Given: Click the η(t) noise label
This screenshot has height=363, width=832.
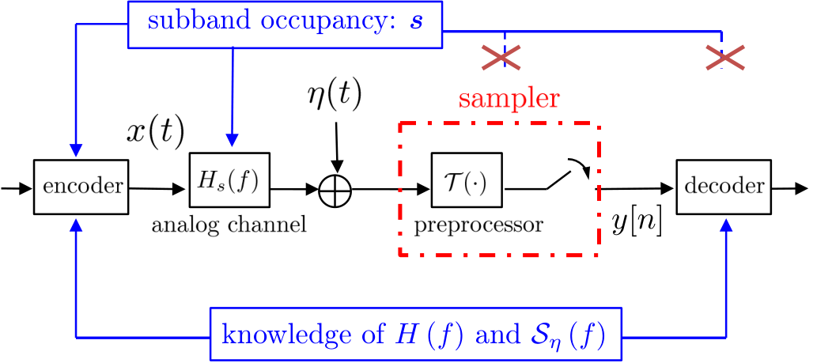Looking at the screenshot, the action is [x=335, y=96].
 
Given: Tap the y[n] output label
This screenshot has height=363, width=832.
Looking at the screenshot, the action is [x=636, y=225].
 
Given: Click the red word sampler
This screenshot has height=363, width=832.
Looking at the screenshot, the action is [x=509, y=99].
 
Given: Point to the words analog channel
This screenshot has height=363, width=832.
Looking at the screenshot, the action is [x=229, y=225].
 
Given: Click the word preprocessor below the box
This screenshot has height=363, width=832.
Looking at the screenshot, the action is [x=478, y=225].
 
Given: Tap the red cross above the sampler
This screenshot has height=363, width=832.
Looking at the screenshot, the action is [x=501, y=57].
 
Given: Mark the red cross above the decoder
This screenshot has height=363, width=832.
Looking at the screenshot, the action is [x=724, y=57].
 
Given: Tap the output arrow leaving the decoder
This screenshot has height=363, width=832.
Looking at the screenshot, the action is [x=790, y=188].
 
